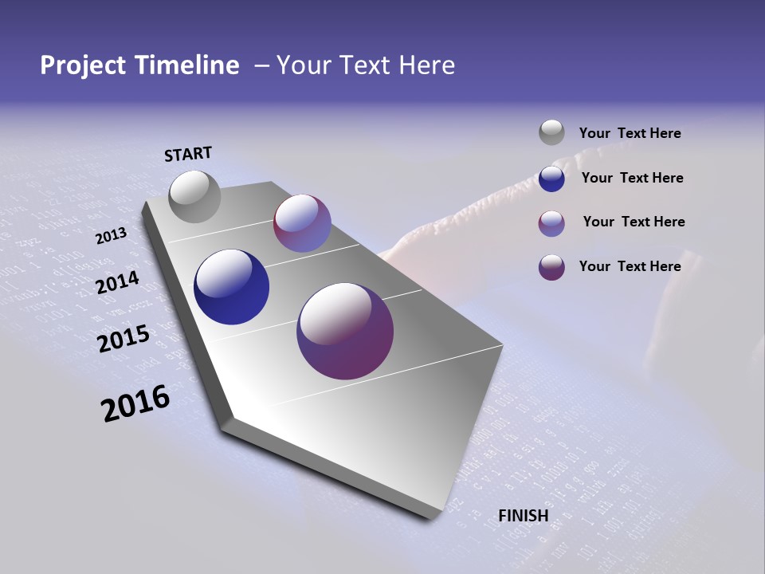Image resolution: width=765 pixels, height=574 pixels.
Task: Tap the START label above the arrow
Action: point(188,154)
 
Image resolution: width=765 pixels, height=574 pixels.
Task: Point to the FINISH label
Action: point(524,516)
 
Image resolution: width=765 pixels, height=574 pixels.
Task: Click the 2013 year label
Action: point(112,236)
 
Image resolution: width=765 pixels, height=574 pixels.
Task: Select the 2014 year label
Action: point(118,282)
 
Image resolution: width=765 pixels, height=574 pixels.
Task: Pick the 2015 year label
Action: point(124,339)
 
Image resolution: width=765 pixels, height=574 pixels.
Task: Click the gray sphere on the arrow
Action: point(195,196)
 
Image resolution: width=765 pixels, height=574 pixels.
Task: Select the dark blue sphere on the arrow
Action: point(232,287)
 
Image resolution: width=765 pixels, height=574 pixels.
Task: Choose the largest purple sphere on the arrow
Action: point(345,331)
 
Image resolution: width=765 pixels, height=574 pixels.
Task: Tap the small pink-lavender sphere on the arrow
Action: point(302,223)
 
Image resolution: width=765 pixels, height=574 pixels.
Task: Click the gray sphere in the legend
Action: point(551,132)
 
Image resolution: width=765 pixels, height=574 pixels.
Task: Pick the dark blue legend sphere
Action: point(551,179)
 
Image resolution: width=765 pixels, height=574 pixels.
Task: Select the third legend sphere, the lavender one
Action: point(551,223)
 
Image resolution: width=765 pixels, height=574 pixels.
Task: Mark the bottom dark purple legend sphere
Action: point(551,267)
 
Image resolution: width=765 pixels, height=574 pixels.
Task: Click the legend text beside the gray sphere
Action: point(630,133)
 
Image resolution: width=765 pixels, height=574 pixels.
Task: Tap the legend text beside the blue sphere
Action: point(632,178)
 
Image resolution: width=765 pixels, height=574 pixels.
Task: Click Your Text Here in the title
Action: point(365,65)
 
